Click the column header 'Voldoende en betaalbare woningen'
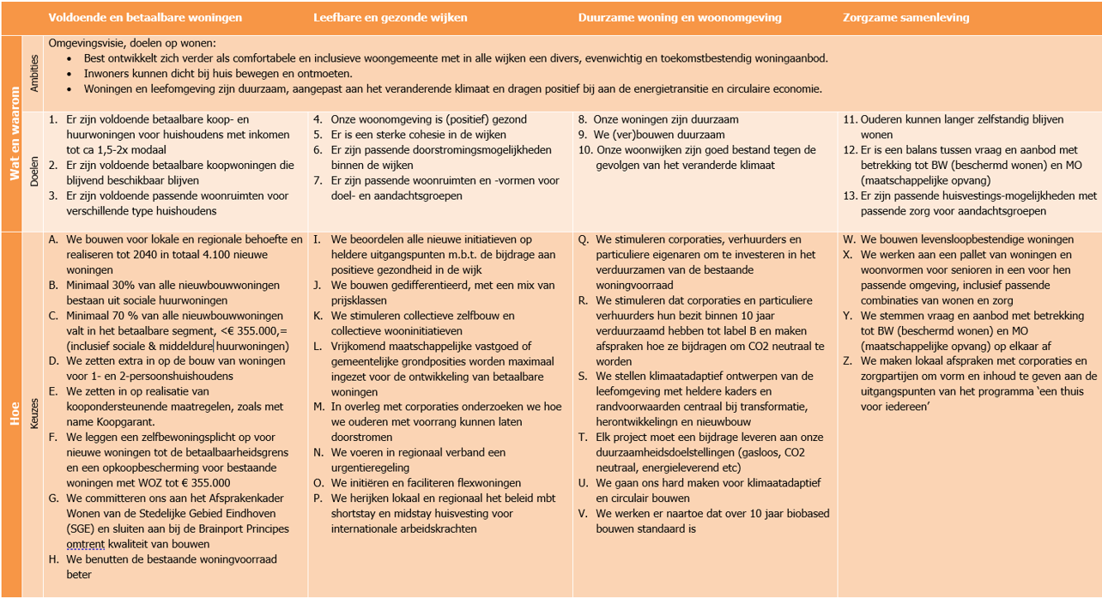click(145, 17)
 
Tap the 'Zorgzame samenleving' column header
click(905, 17)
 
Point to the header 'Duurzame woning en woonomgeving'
click(680, 17)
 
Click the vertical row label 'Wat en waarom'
click(14, 133)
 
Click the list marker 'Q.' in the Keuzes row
click(584, 239)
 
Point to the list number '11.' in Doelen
click(851, 120)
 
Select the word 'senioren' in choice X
click(967, 270)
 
